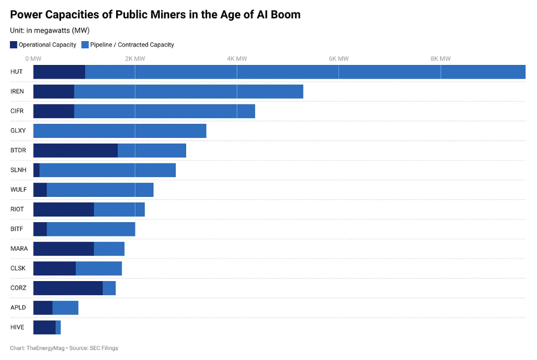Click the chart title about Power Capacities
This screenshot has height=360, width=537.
point(155,14)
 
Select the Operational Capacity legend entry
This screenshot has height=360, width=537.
point(43,45)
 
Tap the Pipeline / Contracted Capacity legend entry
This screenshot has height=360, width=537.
point(128,45)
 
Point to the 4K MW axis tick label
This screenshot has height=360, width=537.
point(237,59)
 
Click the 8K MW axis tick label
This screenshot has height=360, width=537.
point(440,59)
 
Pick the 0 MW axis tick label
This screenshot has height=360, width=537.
point(33,59)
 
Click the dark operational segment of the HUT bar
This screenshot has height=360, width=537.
point(59,72)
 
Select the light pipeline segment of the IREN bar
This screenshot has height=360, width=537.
point(189,92)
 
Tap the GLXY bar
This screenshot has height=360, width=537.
point(120,131)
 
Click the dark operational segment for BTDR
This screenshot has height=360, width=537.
point(75,150)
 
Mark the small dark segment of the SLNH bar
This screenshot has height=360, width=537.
point(36,170)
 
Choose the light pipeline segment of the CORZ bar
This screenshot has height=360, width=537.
point(109,288)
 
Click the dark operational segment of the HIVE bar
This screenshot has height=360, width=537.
point(44,327)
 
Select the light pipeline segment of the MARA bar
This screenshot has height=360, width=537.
point(109,249)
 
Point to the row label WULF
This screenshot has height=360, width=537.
point(18,189)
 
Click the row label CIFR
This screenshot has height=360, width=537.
point(17,111)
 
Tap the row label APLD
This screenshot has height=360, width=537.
point(18,307)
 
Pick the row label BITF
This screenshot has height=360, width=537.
point(17,229)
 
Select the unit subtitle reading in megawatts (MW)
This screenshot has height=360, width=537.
point(50,30)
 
